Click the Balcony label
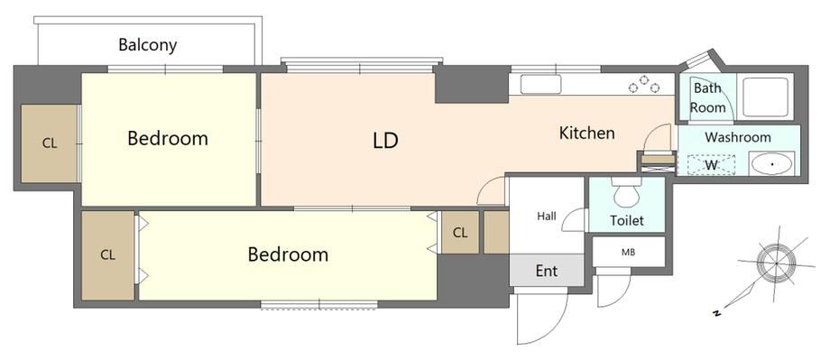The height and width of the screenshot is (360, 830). [147, 45]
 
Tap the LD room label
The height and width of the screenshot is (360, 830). [385, 141]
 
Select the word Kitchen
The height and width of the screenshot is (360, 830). [587, 133]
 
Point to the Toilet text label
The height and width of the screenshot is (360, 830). [627, 220]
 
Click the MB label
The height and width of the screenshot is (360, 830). [628, 252]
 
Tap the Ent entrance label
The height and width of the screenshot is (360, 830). [547, 271]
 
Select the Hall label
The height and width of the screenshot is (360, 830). [547, 216]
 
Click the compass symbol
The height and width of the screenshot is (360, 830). [776, 263]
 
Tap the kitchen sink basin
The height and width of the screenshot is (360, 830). [540, 84]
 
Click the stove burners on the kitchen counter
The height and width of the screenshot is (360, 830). [644, 85]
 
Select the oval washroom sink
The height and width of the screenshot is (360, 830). [771, 164]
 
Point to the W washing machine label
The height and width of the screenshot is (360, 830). [711, 164]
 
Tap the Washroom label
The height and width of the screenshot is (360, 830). [738, 138]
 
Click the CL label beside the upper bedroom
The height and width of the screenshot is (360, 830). [50, 143]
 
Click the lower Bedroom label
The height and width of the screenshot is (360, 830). [288, 254]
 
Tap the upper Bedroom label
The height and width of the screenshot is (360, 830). [168, 139]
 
